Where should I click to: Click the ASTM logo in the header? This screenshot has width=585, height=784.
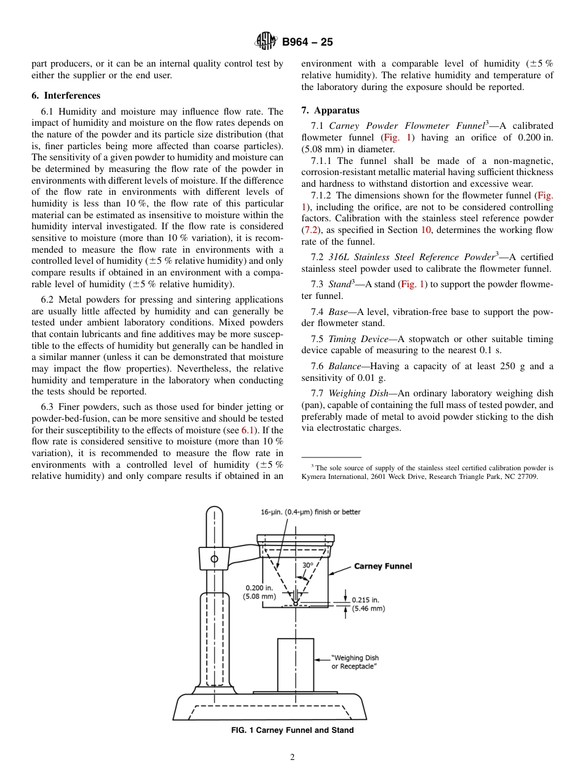tap(266, 42)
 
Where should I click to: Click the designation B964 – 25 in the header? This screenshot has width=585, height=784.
tap(307, 43)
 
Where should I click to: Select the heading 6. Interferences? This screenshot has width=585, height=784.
tap(66, 96)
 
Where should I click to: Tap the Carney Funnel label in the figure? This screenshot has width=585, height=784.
tap(382, 566)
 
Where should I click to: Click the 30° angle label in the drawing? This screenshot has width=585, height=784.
tap(307, 565)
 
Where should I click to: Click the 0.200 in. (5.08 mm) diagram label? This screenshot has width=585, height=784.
tap(259, 592)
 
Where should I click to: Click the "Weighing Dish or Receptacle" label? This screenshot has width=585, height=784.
tap(355, 663)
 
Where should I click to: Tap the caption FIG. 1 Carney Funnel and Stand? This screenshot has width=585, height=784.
tap(292, 730)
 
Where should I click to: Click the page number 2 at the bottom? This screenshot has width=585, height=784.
tap(292, 757)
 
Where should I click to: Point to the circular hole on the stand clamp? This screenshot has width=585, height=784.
tap(214, 559)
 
